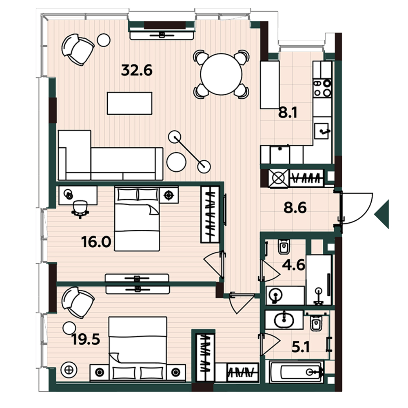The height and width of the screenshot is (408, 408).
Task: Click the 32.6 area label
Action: [x=137, y=70]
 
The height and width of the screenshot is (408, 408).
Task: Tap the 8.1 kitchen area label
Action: [x=288, y=113]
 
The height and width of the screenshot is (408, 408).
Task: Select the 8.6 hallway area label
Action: [x=295, y=208]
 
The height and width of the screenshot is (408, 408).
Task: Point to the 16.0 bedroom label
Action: [x=96, y=242]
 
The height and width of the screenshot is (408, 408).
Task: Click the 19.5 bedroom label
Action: [x=86, y=339]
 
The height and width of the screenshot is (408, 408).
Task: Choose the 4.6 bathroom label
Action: [x=293, y=265]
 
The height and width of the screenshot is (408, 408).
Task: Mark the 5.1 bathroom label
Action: [x=301, y=347]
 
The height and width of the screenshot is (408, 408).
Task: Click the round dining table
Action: [x=221, y=74]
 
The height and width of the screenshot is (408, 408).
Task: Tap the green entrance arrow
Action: [x=382, y=214]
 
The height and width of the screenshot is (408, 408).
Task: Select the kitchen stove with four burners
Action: [x=322, y=88]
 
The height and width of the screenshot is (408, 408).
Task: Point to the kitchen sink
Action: [x=322, y=131]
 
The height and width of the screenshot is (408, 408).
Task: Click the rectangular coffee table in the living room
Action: [x=130, y=103]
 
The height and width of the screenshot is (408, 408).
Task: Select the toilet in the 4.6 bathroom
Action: [x=284, y=246]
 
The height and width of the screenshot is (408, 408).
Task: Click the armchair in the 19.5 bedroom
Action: [x=78, y=302]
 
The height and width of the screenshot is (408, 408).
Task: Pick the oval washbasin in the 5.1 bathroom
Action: [x=284, y=319]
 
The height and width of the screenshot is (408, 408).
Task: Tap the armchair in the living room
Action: [x=78, y=49]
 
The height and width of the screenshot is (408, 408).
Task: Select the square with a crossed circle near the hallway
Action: [x=279, y=178]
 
